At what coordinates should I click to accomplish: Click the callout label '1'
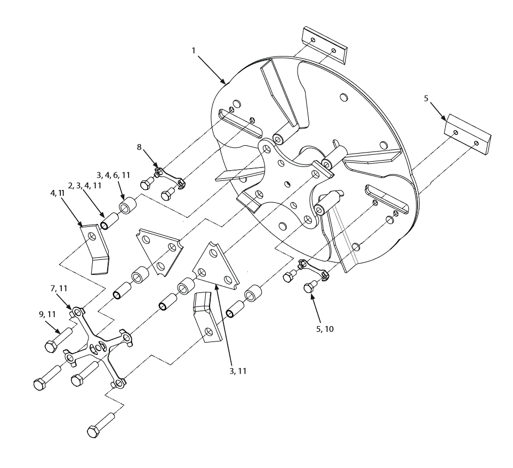194,50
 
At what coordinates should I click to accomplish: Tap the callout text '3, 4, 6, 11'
113,175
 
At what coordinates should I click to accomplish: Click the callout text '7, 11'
59,288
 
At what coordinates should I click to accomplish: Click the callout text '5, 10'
325,329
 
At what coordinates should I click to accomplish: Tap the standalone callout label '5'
426,99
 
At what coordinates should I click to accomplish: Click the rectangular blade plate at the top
325,44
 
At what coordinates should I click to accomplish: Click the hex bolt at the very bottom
100,425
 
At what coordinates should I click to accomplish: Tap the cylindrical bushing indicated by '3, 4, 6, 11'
126,205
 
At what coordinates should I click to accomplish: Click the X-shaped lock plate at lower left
99,346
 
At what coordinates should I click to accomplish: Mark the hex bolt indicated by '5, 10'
309,288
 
